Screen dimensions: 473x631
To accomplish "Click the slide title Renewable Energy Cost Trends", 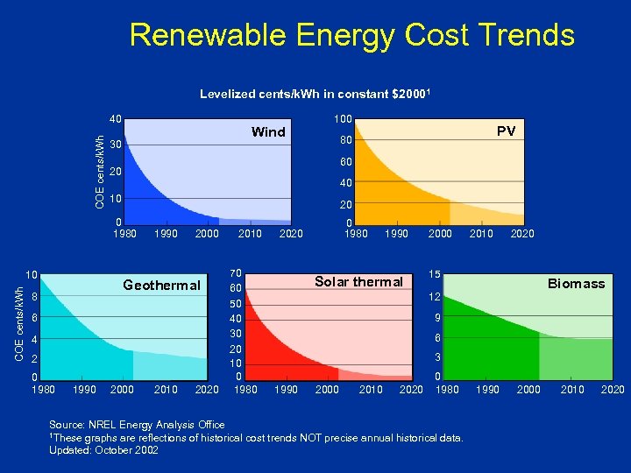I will [x=351, y=35].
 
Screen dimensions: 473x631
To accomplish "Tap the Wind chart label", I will [x=268, y=132].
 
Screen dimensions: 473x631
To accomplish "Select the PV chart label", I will [x=506, y=131].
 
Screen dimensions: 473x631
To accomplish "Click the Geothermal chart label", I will [x=161, y=285].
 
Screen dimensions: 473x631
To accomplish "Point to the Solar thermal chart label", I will [x=358, y=281].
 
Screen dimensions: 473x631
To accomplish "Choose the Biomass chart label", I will [x=576, y=283].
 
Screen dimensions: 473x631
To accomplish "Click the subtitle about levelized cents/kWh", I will [x=314, y=94].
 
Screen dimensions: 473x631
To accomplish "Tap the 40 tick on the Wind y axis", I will [x=115, y=119].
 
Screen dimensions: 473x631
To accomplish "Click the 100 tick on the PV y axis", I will [x=343, y=119].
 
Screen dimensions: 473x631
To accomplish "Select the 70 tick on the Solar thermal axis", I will [x=235, y=273].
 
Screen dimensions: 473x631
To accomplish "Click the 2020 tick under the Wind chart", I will [x=291, y=233].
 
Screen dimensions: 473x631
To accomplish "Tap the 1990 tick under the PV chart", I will [x=397, y=233].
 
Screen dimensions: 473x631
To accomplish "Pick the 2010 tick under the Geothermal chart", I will [x=166, y=389].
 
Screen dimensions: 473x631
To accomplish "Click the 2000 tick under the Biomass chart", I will [x=528, y=389].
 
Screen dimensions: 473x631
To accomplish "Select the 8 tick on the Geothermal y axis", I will [x=32, y=297].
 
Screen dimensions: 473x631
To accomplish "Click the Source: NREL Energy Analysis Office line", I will [x=137, y=425].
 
